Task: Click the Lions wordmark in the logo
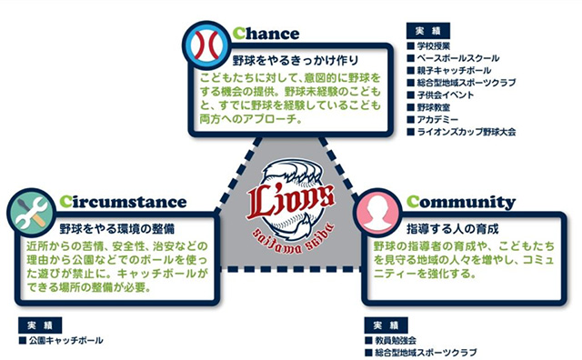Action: point(291,195)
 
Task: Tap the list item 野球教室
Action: point(437,108)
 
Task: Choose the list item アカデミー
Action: point(441,120)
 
